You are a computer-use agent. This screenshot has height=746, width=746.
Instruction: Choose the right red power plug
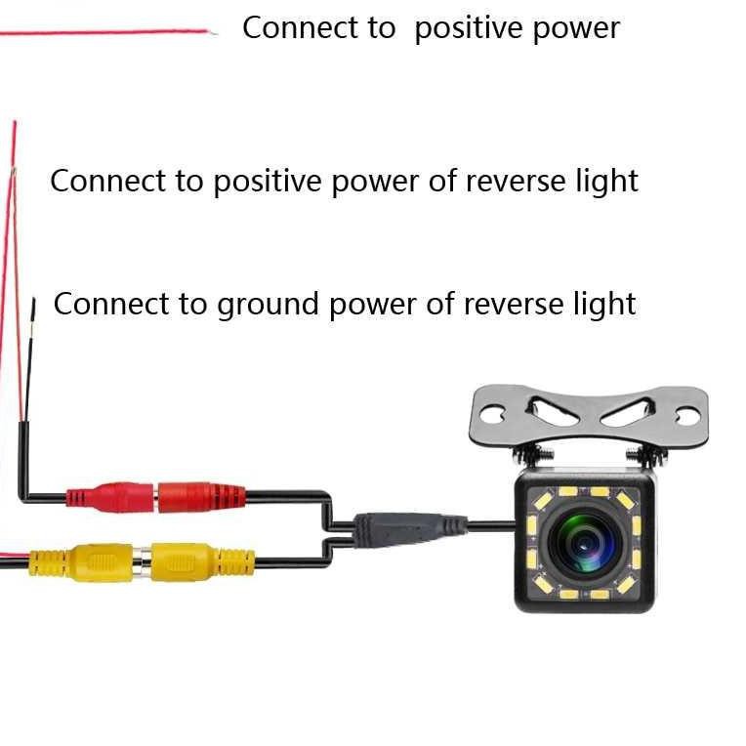click(x=199, y=496)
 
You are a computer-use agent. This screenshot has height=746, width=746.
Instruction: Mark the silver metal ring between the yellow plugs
click(x=142, y=562)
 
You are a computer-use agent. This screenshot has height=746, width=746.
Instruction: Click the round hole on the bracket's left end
click(x=490, y=415)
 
